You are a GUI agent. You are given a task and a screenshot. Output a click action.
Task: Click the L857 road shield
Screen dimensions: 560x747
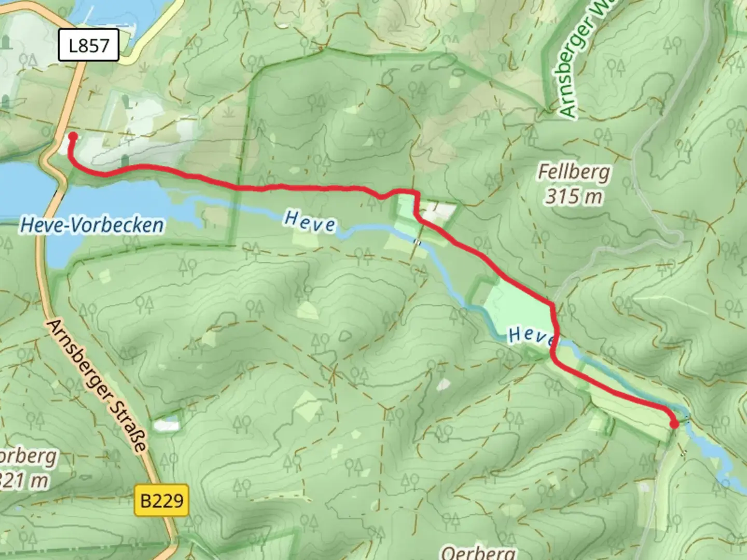click(x=89, y=46)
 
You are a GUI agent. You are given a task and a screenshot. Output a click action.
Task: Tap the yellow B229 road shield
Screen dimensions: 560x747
click(x=162, y=500)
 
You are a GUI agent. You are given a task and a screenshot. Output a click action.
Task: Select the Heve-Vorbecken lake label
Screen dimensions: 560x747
click(x=92, y=225)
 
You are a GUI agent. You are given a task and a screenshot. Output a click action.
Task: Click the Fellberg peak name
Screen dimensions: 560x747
click(x=574, y=172)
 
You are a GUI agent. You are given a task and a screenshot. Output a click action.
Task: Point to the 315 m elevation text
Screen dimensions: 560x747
click(x=574, y=197)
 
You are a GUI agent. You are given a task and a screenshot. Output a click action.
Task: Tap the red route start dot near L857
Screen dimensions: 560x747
click(x=73, y=136)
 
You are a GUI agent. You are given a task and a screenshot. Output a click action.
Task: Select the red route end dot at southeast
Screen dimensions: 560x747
click(x=674, y=425)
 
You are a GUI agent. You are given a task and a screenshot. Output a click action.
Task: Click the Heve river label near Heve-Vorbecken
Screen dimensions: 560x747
click(x=310, y=221)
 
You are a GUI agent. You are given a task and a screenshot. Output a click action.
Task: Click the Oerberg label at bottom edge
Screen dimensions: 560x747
click(x=478, y=552)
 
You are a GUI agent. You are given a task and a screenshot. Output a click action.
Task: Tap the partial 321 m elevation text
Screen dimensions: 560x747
click(x=23, y=481)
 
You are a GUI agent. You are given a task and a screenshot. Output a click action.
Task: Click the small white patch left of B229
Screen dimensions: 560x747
click(x=167, y=425)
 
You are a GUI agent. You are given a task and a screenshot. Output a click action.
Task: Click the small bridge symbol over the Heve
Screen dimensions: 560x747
click(x=417, y=241)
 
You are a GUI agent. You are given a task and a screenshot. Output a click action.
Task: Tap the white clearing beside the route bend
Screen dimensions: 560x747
click(x=439, y=211)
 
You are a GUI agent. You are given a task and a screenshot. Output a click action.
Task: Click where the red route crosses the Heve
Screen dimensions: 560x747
click(x=555, y=342)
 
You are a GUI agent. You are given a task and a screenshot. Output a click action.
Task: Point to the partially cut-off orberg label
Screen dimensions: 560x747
click(x=29, y=457)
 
